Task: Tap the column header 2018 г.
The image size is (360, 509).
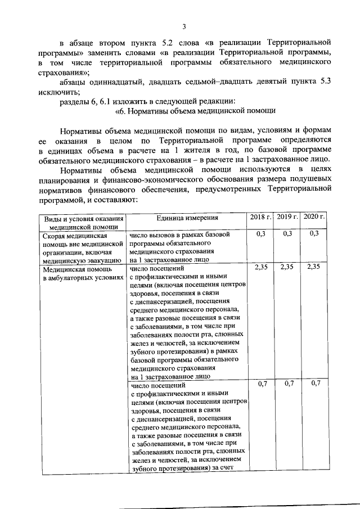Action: pos(260,217)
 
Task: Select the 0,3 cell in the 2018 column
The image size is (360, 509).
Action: pos(260,233)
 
